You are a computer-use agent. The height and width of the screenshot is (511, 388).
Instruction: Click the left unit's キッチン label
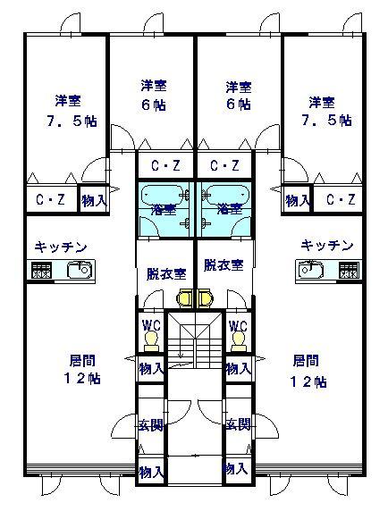[x=61, y=247]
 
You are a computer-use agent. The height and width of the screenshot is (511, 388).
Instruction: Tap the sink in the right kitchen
[x=310, y=270]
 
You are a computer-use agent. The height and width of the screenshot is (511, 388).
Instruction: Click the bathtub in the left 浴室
[x=163, y=196]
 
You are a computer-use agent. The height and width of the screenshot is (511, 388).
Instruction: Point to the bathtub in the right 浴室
[x=225, y=196]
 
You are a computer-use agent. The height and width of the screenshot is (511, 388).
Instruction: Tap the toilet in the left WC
[x=151, y=341]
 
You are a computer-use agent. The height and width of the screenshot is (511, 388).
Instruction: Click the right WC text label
[x=238, y=326]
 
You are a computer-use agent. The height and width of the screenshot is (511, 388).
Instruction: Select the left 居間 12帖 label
[x=82, y=370]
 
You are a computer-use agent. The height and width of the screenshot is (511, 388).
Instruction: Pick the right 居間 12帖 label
[x=308, y=372]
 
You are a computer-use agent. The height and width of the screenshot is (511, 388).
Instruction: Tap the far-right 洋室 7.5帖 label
[x=325, y=111]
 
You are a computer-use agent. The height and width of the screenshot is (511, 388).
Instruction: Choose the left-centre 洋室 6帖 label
[x=154, y=96]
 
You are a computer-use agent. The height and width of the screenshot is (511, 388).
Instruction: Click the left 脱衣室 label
[x=166, y=274]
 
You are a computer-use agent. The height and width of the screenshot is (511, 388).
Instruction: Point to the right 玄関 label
[x=239, y=424]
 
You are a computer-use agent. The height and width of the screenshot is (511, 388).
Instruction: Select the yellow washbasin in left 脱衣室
[x=185, y=297]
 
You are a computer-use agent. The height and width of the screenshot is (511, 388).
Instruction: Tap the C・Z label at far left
[x=51, y=199]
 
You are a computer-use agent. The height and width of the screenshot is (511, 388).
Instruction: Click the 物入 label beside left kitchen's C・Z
[x=94, y=201]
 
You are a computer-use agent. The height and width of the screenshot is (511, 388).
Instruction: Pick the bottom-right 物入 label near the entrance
[x=235, y=469]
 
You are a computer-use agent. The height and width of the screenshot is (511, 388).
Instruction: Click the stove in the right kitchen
[x=350, y=270]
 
